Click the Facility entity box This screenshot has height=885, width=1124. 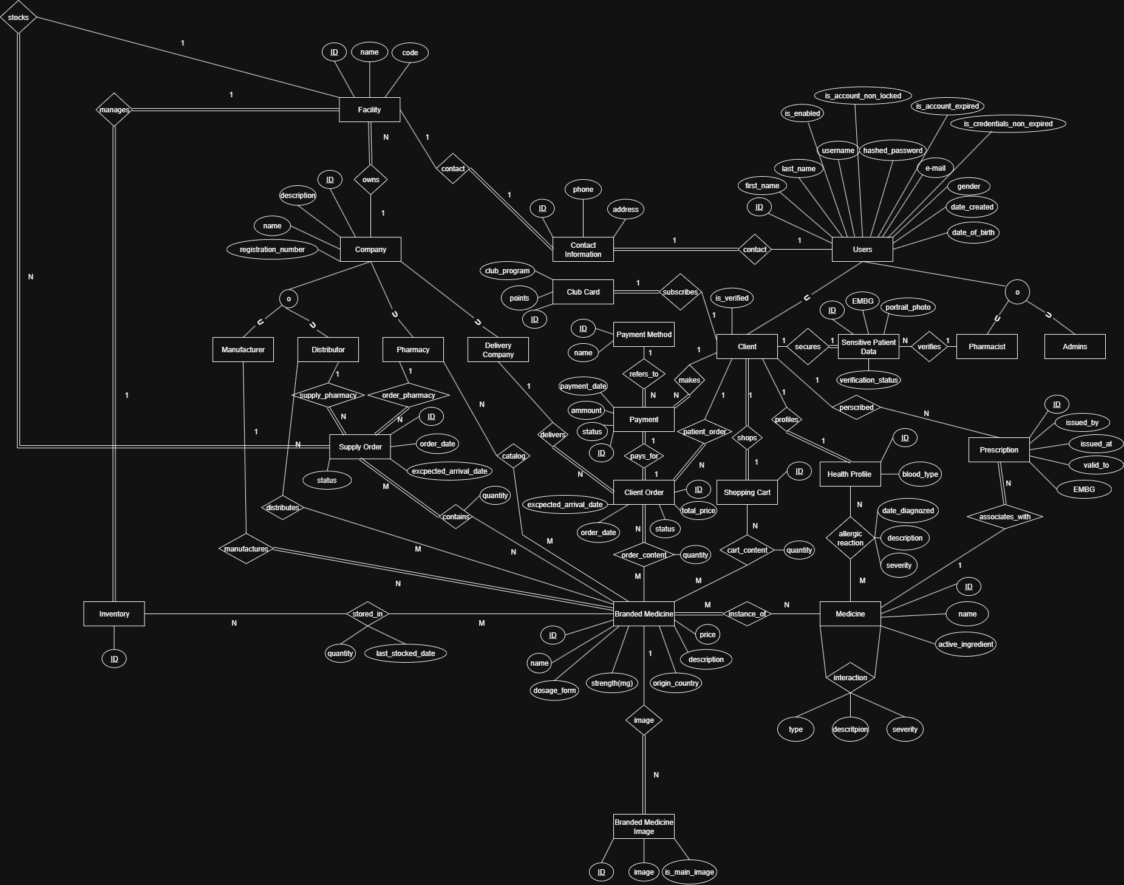(x=369, y=109)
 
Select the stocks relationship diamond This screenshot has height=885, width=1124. (x=18, y=17)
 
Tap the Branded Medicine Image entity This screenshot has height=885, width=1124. (x=644, y=826)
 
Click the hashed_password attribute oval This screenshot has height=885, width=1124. (x=893, y=150)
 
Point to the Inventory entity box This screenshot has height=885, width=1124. (x=114, y=613)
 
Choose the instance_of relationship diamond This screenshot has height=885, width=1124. (x=747, y=613)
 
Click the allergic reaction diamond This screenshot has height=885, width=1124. (x=850, y=538)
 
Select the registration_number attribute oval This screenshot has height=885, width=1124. (x=272, y=249)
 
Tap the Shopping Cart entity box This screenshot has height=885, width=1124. (x=747, y=492)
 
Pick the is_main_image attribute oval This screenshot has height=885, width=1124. (x=689, y=872)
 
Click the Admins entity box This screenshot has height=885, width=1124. (x=1075, y=346)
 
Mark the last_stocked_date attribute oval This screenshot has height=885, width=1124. (x=406, y=653)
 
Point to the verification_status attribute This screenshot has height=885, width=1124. (x=868, y=380)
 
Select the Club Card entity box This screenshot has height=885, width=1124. (x=583, y=292)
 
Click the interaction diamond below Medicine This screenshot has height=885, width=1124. (x=850, y=677)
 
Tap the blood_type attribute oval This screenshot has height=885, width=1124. (x=920, y=474)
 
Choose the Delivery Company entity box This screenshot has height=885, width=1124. (x=498, y=349)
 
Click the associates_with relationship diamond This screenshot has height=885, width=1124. (x=1005, y=516)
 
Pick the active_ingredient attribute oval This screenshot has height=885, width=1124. (x=966, y=644)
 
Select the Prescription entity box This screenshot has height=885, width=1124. (x=999, y=449)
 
